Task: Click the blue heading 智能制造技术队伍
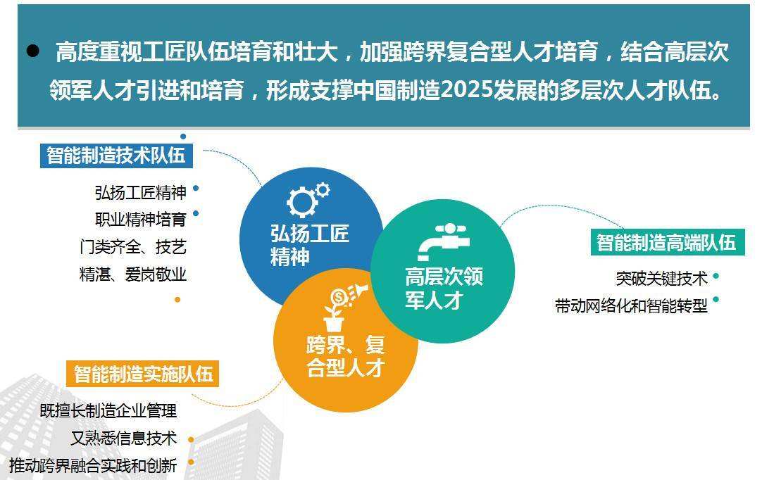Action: (x=116, y=156)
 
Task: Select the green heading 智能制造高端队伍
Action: (x=666, y=242)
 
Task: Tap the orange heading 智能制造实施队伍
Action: (x=143, y=374)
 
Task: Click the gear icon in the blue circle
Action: (x=308, y=199)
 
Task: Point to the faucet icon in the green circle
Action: (x=443, y=241)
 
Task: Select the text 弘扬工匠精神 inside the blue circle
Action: (x=310, y=245)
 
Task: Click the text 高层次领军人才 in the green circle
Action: (x=444, y=288)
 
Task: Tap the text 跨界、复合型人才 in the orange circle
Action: (x=346, y=357)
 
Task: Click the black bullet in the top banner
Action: (x=32, y=51)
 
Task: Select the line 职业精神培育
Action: (x=140, y=219)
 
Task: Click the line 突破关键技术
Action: (x=661, y=279)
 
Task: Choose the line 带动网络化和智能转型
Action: (x=631, y=305)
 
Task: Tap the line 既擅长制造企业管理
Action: (x=108, y=410)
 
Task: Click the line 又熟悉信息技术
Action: (x=123, y=438)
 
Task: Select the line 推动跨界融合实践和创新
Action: (x=93, y=465)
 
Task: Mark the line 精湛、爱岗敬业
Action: (x=132, y=274)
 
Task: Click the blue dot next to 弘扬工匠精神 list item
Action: (x=196, y=188)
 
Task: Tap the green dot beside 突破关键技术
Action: (x=716, y=276)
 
